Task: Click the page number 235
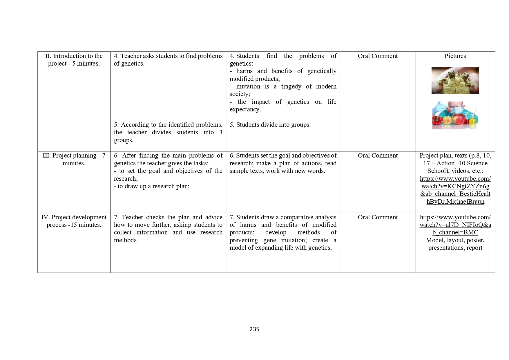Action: (x=254, y=329)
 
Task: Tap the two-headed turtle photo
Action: (x=455, y=81)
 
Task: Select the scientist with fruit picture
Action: (x=455, y=115)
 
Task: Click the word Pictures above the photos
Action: (x=455, y=56)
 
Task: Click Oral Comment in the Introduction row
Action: (x=378, y=56)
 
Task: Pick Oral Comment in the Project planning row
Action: (x=378, y=155)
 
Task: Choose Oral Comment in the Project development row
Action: (x=378, y=217)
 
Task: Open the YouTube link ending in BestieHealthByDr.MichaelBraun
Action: (x=455, y=190)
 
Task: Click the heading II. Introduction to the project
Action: (x=74, y=60)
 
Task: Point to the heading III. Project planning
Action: (x=74, y=159)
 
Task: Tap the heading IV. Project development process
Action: (x=74, y=221)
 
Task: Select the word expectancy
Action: (x=245, y=109)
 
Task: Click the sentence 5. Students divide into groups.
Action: (x=270, y=125)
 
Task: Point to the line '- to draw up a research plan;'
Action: (x=152, y=186)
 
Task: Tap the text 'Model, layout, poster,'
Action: (x=455, y=240)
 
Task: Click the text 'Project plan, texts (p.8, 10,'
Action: (x=455, y=155)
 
